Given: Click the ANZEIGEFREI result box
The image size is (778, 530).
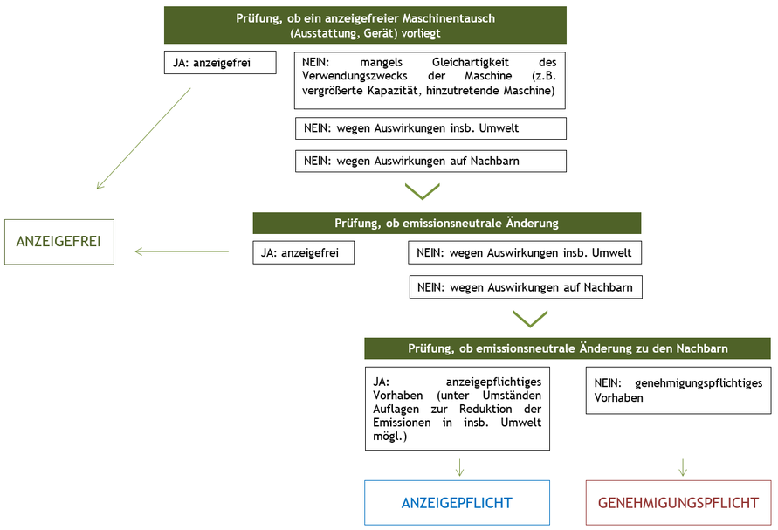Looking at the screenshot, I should pyautogui.click(x=59, y=242).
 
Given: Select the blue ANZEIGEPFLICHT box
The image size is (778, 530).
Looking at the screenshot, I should pyautogui.click(x=457, y=503).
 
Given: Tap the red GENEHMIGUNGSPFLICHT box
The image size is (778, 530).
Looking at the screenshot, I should pyautogui.click(x=679, y=503).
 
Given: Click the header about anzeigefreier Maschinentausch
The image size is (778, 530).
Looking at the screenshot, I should pyautogui.click(x=365, y=25).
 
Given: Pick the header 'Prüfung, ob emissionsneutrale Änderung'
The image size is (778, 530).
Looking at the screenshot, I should pyautogui.click(x=446, y=223).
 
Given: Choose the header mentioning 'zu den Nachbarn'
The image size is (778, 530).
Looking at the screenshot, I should pyautogui.click(x=568, y=348).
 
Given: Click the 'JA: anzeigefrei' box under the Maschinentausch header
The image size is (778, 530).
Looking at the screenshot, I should pyautogui.click(x=220, y=63).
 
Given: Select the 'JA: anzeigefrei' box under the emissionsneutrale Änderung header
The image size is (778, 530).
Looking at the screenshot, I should pyautogui.click(x=304, y=253).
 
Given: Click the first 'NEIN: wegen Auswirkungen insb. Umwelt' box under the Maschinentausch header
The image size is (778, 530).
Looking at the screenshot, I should pyautogui.click(x=430, y=128).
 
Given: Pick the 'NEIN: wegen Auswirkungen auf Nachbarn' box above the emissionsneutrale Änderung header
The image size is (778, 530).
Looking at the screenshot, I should pyautogui.click(x=430, y=161).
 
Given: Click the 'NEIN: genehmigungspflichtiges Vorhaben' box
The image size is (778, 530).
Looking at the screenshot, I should pyautogui.click(x=678, y=390).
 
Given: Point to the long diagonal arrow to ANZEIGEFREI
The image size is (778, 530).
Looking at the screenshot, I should pyautogui.click(x=144, y=138).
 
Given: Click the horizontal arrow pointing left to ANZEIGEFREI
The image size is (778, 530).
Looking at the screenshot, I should pyautogui.click(x=182, y=252).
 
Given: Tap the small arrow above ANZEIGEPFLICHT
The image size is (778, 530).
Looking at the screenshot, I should pyautogui.click(x=459, y=467).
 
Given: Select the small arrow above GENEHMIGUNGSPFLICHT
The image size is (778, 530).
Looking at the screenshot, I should pyautogui.click(x=683, y=467).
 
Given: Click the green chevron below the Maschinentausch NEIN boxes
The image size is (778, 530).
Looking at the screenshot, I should pyautogui.click(x=423, y=191).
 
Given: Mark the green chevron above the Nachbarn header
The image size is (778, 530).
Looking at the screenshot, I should pyautogui.click(x=530, y=318).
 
